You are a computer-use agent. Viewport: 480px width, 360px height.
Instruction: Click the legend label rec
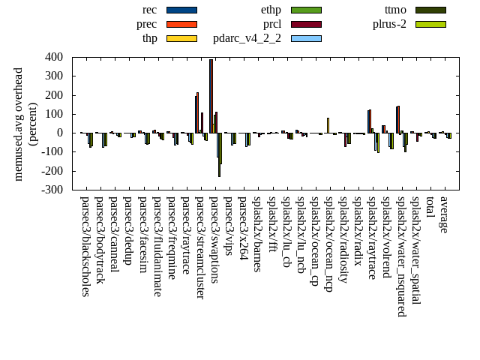(x=149, y=10)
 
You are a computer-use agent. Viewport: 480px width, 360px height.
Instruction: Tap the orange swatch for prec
(x=181, y=24)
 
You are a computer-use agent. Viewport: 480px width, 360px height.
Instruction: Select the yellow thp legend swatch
(x=181, y=38)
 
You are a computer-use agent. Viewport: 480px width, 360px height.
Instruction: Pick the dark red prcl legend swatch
(x=306, y=24)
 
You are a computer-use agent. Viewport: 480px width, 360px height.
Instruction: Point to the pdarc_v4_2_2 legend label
(x=247, y=38)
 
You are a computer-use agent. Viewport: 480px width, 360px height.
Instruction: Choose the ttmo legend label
(x=394, y=10)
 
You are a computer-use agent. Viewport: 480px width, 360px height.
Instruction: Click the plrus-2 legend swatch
(x=430, y=24)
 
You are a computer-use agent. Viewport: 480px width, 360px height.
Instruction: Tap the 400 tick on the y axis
(x=53, y=57)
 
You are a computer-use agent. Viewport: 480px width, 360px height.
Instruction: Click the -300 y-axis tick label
(x=52, y=190)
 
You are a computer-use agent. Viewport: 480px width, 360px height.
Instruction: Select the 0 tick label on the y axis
(x=60, y=133)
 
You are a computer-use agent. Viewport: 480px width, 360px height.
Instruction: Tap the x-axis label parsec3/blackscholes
(x=85, y=246)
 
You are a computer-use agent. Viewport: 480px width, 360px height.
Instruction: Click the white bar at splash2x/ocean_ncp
(x=328, y=125)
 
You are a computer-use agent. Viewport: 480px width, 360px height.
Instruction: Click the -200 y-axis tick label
(x=52, y=171)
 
